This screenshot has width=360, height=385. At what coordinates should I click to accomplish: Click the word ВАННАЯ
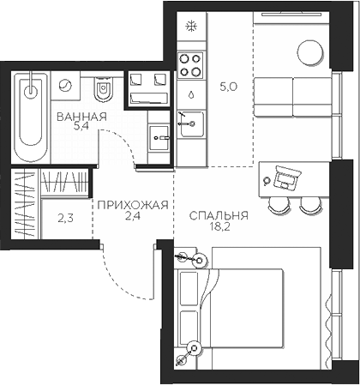point(81,117)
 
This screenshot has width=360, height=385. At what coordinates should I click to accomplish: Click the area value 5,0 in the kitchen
point(227,86)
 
